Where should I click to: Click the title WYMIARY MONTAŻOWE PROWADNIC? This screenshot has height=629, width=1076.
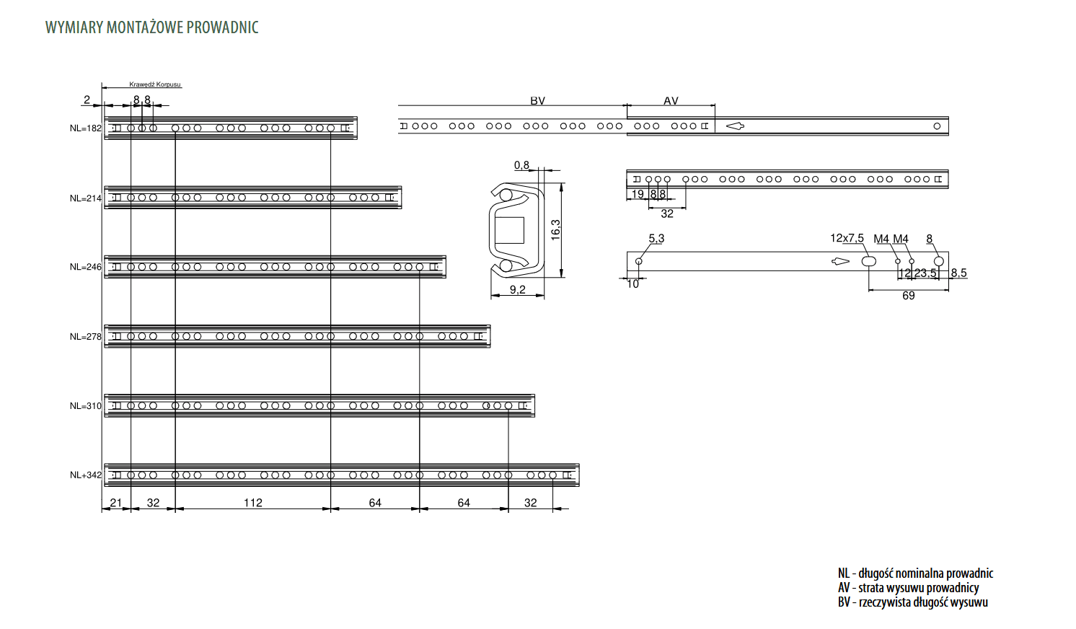(151, 27)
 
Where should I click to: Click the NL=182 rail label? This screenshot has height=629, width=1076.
(86, 128)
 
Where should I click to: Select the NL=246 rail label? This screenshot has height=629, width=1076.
(86, 267)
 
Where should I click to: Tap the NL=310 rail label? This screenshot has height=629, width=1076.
(86, 406)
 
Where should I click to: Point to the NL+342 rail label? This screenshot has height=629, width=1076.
(86, 475)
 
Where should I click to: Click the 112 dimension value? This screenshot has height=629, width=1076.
(253, 503)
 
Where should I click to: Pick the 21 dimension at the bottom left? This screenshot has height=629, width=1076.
(116, 503)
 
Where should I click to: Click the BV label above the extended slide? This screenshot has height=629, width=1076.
(537, 101)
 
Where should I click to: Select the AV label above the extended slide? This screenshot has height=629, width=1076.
(671, 101)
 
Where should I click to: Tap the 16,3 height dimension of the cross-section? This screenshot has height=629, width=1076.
(555, 229)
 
